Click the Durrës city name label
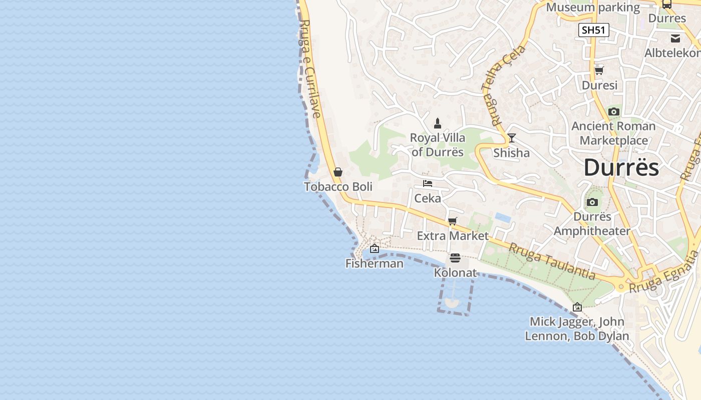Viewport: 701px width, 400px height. click(x=621, y=167)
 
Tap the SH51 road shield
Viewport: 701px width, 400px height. click(x=594, y=30)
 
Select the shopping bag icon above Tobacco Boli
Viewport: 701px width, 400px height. click(x=338, y=172)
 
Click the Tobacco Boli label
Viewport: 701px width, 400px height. click(x=338, y=186)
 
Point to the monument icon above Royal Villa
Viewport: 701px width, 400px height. click(x=438, y=123)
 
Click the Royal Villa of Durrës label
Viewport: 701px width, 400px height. click(x=438, y=144)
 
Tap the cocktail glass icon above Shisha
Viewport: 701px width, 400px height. click(x=511, y=138)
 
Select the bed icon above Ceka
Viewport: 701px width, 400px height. click(x=428, y=183)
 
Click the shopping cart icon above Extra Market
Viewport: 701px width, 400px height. click(x=453, y=221)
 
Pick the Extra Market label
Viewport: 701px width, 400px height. click(x=453, y=235)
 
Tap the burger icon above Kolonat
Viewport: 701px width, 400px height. click(x=455, y=258)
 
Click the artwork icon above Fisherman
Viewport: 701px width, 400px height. click(x=375, y=248)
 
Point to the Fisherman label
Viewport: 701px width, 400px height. click(x=375, y=263)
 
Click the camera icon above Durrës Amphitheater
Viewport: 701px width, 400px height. click(x=592, y=202)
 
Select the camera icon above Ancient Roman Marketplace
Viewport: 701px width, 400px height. click(x=614, y=112)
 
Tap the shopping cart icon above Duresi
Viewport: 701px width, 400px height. click(x=599, y=70)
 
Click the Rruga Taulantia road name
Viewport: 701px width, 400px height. click(x=552, y=261)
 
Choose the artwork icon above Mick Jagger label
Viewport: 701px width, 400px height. click(x=577, y=307)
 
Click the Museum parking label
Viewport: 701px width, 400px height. click(x=593, y=7)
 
